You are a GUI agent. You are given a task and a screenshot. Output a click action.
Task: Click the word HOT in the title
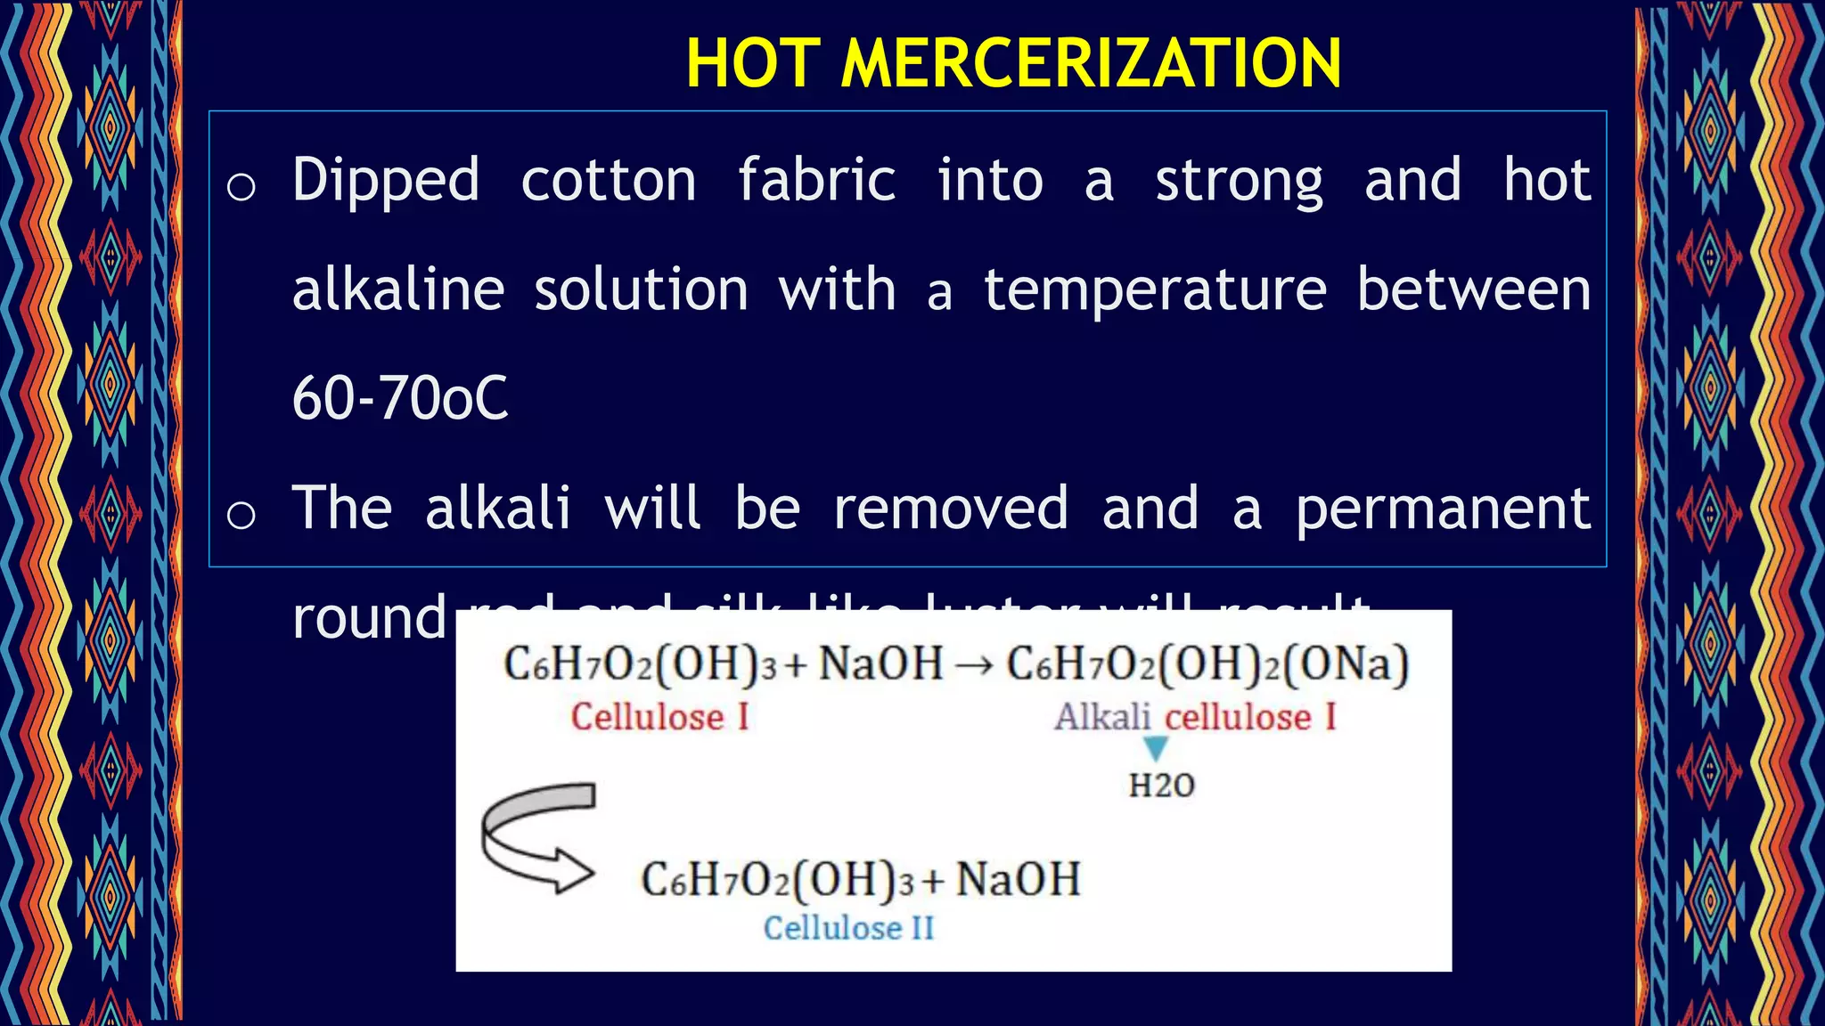pos(753,63)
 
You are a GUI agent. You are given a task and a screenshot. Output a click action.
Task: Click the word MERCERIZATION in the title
pos(1091,63)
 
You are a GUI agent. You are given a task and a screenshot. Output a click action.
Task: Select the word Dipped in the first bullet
pos(386,181)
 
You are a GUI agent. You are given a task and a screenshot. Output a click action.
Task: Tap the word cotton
pos(609,181)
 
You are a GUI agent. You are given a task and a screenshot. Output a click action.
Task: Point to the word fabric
pos(816,181)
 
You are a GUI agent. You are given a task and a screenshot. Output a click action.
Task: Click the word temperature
pos(1155,290)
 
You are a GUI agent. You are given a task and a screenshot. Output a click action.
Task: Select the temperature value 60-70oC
pos(400,398)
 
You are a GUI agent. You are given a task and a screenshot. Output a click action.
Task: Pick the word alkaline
pos(398,290)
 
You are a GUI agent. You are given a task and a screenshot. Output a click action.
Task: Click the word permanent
pos(1443,509)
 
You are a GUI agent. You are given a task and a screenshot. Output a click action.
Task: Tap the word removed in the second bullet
pos(950,508)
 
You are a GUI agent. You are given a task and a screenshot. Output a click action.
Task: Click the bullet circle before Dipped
pos(241,187)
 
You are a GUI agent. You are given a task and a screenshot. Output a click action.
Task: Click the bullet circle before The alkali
pos(241,515)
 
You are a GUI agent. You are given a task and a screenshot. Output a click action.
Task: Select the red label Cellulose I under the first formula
pos(659,717)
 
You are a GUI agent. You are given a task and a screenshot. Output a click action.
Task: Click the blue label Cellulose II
pos(848,928)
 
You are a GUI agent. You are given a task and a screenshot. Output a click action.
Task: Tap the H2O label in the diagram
pos(1161,786)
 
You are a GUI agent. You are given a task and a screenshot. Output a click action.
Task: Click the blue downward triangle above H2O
pos(1156,748)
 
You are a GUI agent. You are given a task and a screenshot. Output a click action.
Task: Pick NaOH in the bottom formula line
pos(1018,880)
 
